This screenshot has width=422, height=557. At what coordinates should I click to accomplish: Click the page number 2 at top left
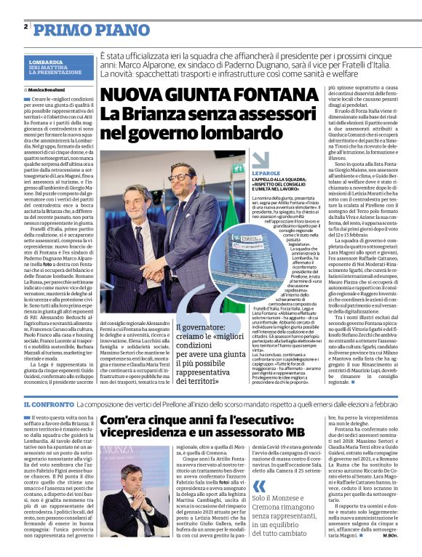[x=25, y=27]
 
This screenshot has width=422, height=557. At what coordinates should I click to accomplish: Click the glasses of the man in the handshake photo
[x=180, y=177]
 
